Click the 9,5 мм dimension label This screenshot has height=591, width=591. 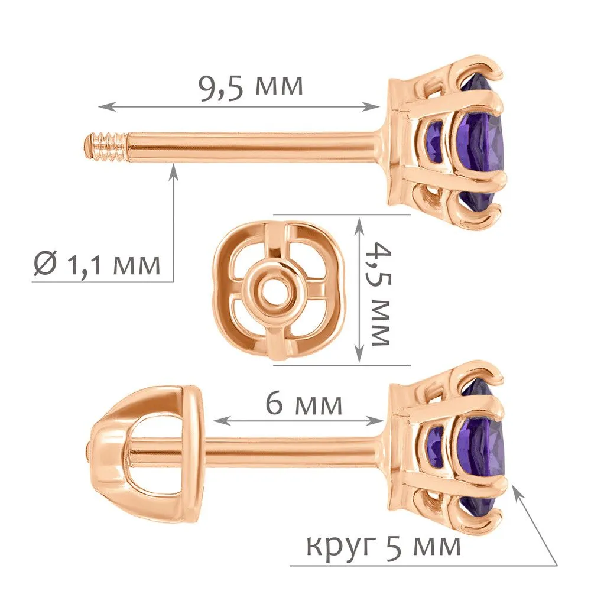[251, 87]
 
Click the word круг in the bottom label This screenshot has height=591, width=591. [342, 546]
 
